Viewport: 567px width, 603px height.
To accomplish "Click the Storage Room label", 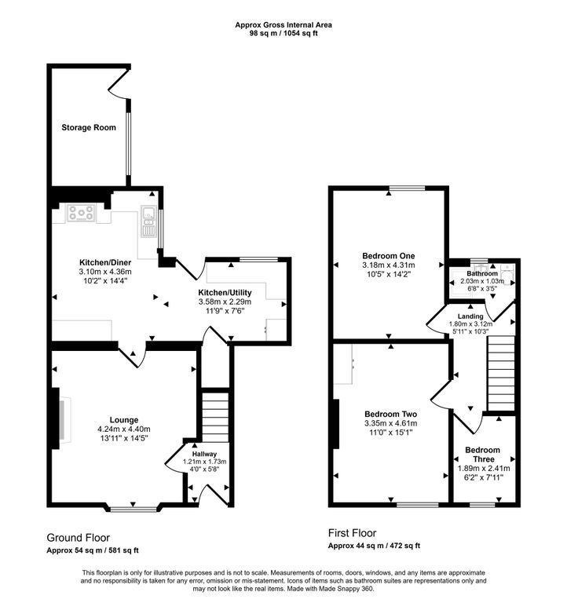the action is click(x=89, y=127).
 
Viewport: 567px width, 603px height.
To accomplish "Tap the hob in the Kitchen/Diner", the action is click(x=81, y=213).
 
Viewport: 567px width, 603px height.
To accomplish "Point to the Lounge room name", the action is click(x=124, y=420).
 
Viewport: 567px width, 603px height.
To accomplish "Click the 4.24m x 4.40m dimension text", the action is click(x=124, y=429).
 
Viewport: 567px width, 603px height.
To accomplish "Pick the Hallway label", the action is click(x=205, y=454).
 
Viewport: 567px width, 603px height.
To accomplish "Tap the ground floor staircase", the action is click(x=215, y=417).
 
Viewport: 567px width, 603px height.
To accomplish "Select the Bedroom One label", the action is click(x=389, y=256).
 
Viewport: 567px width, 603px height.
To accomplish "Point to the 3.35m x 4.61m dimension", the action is click(x=391, y=423).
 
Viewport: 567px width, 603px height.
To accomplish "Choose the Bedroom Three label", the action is click(x=483, y=455).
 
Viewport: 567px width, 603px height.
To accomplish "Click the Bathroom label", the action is click(x=482, y=273).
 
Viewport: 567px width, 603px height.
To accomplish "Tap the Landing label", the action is click(x=470, y=316).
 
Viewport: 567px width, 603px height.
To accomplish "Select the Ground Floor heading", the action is click(x=78, y=538).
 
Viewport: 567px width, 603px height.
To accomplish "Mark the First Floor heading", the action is click(x=352, y=533).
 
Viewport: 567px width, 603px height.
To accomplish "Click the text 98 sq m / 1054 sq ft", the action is click(x=283, y=33).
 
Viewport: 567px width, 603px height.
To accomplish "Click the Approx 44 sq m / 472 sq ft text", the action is click(x=374, y=546).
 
